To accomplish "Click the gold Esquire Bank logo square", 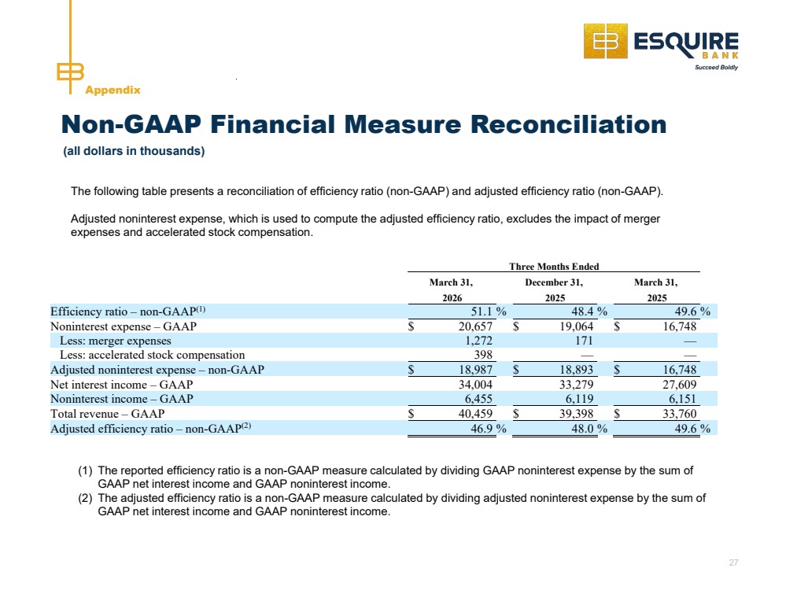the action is click(606, 41).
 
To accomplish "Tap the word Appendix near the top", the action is click(113, 90).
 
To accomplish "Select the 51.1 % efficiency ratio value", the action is click(489, 312).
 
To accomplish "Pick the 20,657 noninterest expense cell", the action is click(475, 326).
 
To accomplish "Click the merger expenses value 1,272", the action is click(478, 341).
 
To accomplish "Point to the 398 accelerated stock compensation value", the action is click(483, 355).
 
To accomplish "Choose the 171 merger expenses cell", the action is click(584, 341).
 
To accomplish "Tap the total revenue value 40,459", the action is click(475, 414).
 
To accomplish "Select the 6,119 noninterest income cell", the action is click(579, 399).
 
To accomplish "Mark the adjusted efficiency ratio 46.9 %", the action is click(489, 429).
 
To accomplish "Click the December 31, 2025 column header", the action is click(555, 290).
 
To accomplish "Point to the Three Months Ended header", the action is click(554, 267).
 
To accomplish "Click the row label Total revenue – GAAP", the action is click(107, 414).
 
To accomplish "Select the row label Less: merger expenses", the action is click(116, 341).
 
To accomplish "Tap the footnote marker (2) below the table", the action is click(85, 498).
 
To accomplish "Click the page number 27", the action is click(733, 562).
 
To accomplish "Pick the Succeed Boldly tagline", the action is click(716, 67).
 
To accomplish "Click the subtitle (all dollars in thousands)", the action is click(134, 151).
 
